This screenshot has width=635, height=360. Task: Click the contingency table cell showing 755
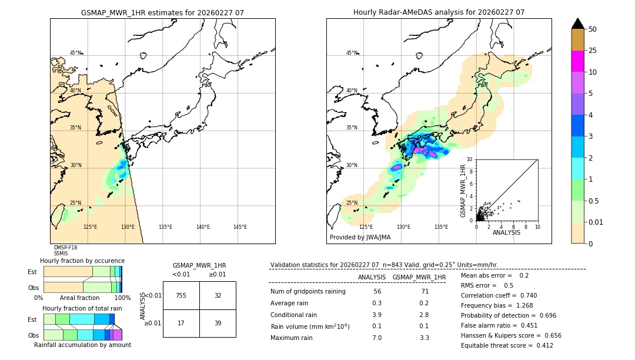click(181, 295)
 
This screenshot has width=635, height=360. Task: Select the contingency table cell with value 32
click(218, 295)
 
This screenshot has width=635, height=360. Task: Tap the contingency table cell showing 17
click(181, 323)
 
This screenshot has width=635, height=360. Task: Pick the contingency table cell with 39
click(218, 323)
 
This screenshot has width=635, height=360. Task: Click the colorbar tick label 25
click(593, 51)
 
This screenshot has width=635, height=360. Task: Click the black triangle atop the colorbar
click(578, 24)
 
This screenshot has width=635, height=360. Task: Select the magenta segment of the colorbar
click(578, 61)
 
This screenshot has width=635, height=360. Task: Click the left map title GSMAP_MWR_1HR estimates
click(162, 12)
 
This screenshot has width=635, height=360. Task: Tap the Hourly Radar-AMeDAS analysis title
click(439, 12)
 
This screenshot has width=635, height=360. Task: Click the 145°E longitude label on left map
click(240, 227)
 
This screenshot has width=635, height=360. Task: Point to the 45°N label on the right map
click(352, 53)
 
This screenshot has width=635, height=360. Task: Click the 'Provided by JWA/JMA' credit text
click(360, 238)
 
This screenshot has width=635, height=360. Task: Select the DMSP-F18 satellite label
click(65, 248)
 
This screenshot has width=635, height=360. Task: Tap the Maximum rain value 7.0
click(377, 338)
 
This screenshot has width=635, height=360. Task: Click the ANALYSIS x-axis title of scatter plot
click(506, 232)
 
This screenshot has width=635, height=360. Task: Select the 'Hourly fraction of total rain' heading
click(82, 308)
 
